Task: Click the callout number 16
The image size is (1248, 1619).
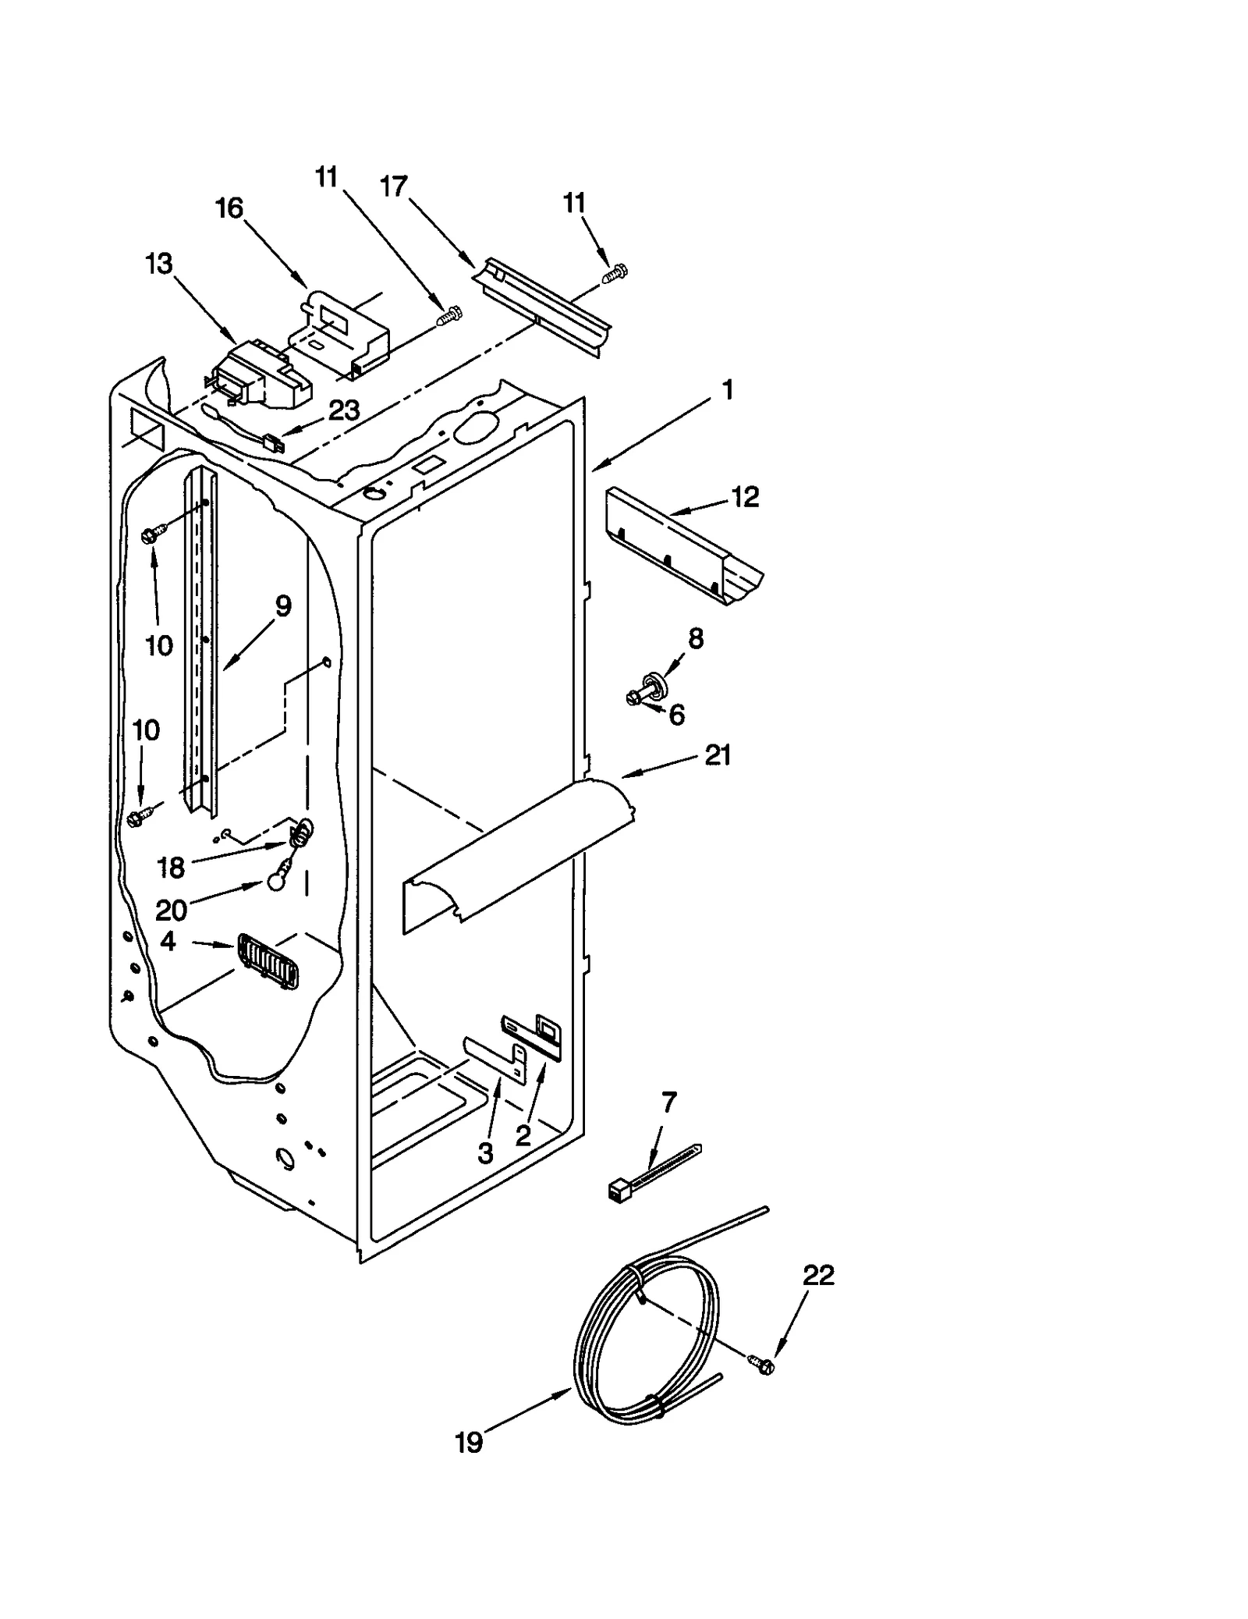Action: point(229,208)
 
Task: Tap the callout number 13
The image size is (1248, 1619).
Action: point(158,264)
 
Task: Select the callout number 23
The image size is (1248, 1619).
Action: point(344,410)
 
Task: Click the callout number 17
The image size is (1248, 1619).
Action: point(394,186)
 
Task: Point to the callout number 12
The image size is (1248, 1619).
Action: point(746,497)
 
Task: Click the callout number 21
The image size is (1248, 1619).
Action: point(718,754)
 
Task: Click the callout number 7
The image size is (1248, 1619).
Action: point(669,1102)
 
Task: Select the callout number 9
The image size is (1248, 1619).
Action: point(282,605)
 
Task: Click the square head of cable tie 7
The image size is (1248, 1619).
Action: point(618,1189)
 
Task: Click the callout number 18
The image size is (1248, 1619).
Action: point(171,867)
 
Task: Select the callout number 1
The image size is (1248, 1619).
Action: point(727,390)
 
